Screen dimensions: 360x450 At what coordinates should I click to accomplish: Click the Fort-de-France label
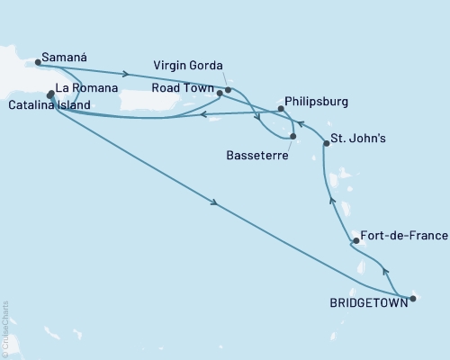401,236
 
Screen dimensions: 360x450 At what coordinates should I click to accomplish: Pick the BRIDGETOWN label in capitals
367,303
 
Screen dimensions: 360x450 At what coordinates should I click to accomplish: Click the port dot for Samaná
38,62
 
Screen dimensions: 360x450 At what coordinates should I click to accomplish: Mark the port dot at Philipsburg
282,109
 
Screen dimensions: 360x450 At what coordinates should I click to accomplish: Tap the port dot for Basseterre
293,137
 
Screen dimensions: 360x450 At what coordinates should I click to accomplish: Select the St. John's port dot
325,144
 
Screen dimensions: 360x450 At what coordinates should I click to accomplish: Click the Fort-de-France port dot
356,240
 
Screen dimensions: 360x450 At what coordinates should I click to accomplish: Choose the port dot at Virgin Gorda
229,89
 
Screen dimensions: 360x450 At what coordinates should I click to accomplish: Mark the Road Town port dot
220,93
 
